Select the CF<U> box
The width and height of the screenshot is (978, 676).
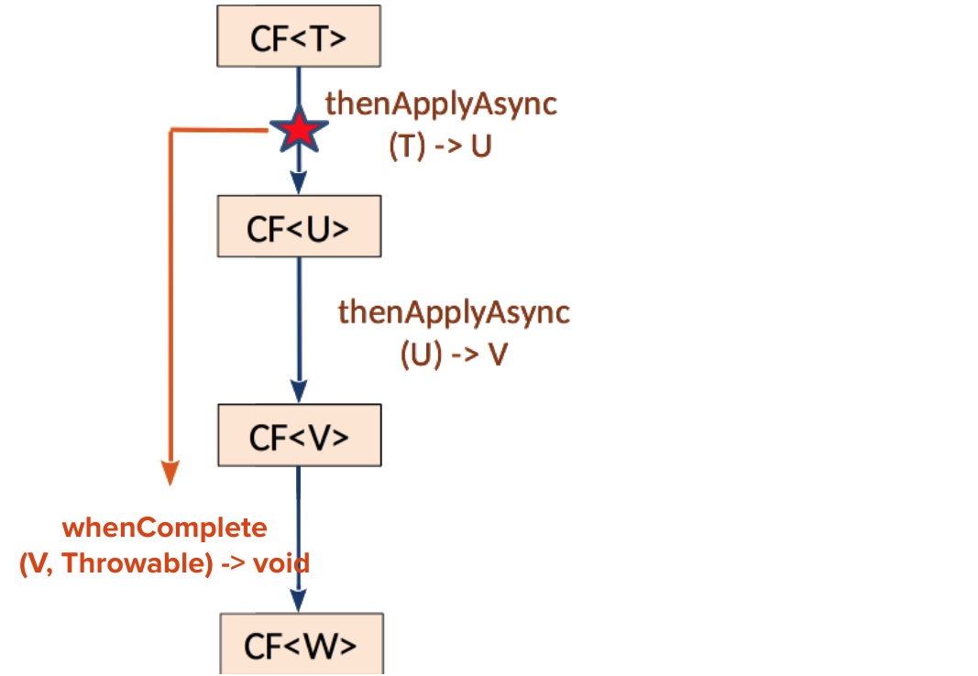point(299,226)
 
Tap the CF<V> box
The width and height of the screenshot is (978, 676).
point(299,436)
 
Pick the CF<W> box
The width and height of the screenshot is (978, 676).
point(301,645)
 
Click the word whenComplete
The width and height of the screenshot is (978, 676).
point(165,529)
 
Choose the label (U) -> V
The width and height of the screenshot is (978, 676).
point(454,355)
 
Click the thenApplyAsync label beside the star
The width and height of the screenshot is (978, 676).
point(441,104)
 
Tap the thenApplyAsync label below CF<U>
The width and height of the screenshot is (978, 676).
point(454,312)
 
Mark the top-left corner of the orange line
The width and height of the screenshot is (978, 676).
point(172,132)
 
